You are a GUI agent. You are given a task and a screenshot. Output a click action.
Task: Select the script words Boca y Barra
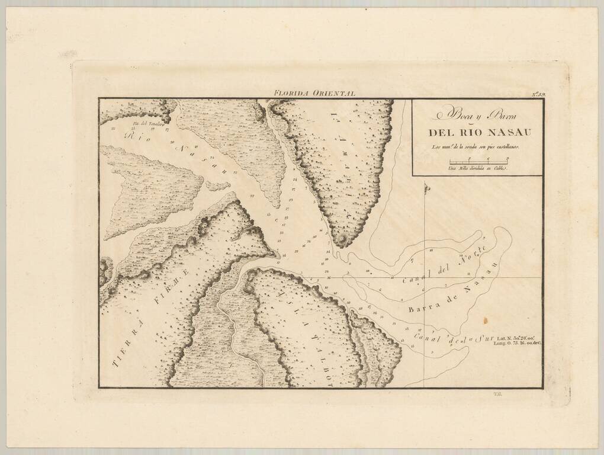[x=476, y=114]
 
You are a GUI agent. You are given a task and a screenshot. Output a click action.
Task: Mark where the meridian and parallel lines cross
[x=425, y=277]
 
